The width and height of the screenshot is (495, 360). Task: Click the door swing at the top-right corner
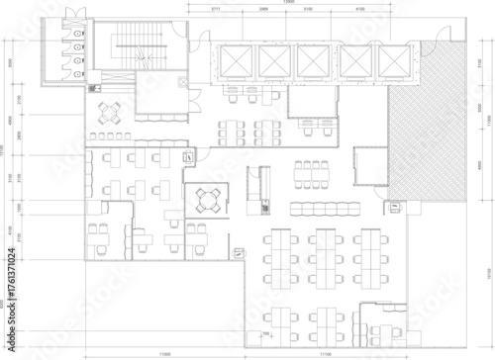433,43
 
